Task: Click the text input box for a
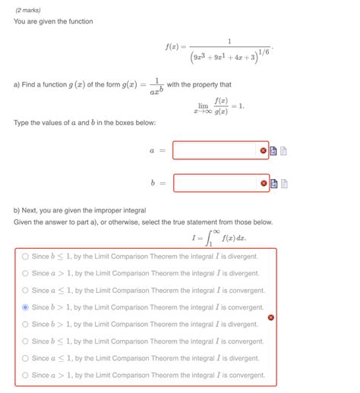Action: pyautogui.click(x=215, y=150)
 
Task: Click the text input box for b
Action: pyautogui.click(x=215, y=183)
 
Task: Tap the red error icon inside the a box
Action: pyautogui.click(x=264, y=150)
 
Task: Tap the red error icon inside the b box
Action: pyautogui.click(x=264, y=183)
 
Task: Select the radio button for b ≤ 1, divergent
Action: pyautogui.click(x=25, y=256)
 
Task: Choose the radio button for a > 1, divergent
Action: pyautogui.click(x=25, y=273)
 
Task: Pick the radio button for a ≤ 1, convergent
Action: pyautogui.click(x=25, y=290)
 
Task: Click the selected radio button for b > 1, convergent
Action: pyautogui.click(x=25, y=307)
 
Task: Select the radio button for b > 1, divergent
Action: pyautogui.click(x=25, y=324)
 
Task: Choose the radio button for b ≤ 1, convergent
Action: pyautogui.click(x=25, y=341)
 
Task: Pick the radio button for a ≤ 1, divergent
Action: pyautogui.click(x=25, y=358)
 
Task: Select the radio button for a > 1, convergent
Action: pyautogui.click(x=25, y=375)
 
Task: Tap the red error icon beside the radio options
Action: pyautogui.click(x=271, y=316)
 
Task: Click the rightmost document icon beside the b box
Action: pyautogui.click(x=284, y=183)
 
